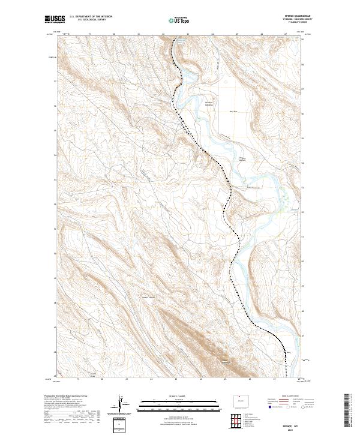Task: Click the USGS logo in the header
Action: [53, 20]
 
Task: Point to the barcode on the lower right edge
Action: [347, 411]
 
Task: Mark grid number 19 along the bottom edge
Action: [77, 380]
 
